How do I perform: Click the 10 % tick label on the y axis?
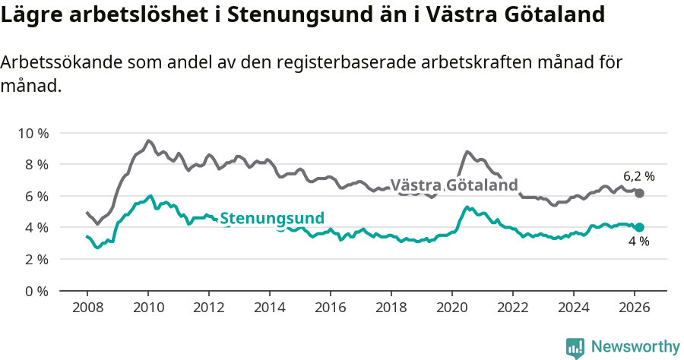33,133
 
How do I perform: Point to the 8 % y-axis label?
36,165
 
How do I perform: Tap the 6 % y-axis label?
36,196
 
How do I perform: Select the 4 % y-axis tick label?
36,228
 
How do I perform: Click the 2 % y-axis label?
36,259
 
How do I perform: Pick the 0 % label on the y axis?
36,291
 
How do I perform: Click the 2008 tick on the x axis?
87,308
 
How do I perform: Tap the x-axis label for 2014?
270,308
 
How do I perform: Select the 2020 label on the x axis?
452,308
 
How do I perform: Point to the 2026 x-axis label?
635,308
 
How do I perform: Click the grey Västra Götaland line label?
454,185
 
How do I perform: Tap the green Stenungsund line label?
272,217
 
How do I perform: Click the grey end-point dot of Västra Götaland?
640,194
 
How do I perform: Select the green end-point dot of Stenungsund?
640,227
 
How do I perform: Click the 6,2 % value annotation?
639,176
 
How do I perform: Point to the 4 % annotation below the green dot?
638,242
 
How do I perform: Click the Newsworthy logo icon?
575,347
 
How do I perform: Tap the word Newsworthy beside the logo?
635,347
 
